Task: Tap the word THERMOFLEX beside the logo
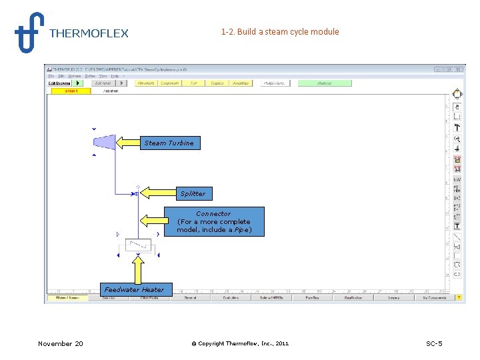(89, 33)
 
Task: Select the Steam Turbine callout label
(169, 143)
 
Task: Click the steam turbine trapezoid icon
(103, 142)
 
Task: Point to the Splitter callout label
(193, 193)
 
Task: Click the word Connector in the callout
(213, 213)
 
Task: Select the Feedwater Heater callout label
(134, 289)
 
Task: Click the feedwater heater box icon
(137, 245)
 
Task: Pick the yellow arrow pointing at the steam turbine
(129, 143)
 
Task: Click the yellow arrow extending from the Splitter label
(157, 193)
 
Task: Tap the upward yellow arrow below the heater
(138, 269)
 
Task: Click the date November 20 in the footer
(61, 343)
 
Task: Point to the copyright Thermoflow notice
(240, 343)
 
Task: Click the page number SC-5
(434, 343)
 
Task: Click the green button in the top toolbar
(324, 83)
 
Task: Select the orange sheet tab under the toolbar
(71, 91)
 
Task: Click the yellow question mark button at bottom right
(458, 297)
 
